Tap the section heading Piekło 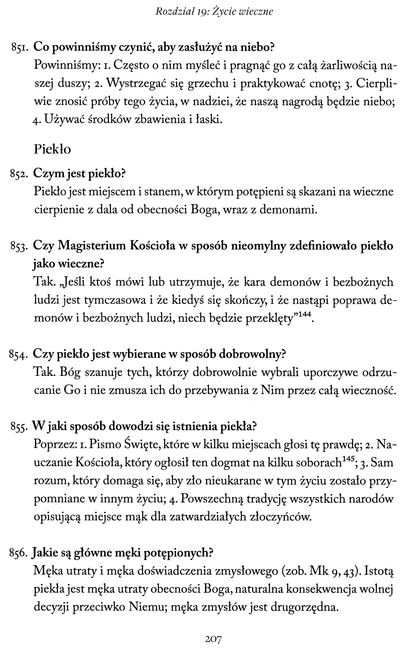[x=52, y=149]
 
